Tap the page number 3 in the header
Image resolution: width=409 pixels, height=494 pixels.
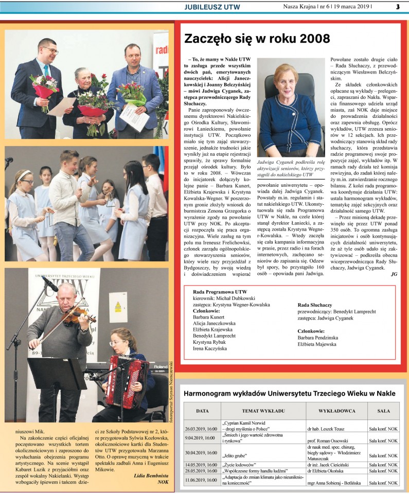(x=398, y=6)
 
